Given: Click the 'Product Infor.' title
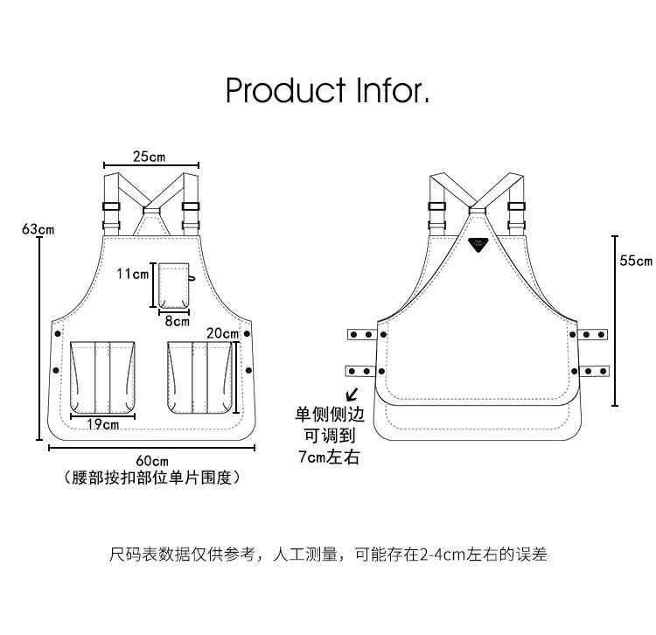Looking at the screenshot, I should click(x=327, y=90).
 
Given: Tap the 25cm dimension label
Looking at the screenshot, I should click(x=150, y=157).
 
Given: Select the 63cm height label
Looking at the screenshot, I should click(x=38, y=229).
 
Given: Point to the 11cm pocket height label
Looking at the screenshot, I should click(x=133, y=274).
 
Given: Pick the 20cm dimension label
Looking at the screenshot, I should click(x=223, y=332).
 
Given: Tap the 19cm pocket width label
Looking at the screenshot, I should click(x=104, y=425).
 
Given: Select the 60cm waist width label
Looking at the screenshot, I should click(x=152, y=460).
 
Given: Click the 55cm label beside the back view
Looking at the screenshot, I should click(x=636, y=261).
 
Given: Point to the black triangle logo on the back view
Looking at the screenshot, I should click(x=478, y=246).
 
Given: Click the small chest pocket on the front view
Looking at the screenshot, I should click(x=175, y=283).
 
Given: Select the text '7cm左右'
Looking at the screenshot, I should click(x=329, y=457).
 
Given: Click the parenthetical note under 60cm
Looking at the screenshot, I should click(x=152, y=478).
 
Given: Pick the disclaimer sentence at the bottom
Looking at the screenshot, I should click(x=328, y=554).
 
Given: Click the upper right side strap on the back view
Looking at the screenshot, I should click(x=592, y=333).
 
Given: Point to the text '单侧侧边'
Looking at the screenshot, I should click(x=329, y=415).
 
